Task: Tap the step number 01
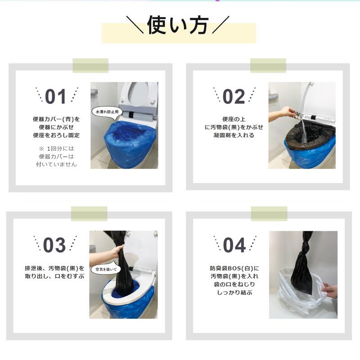coord(56,96)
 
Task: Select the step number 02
coord(234,96)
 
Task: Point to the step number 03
coord(54,245)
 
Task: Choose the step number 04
coord(234,245)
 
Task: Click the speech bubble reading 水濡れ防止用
coord(106,111)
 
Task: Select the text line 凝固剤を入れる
coord(234,135)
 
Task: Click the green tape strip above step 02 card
coord(268,66)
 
